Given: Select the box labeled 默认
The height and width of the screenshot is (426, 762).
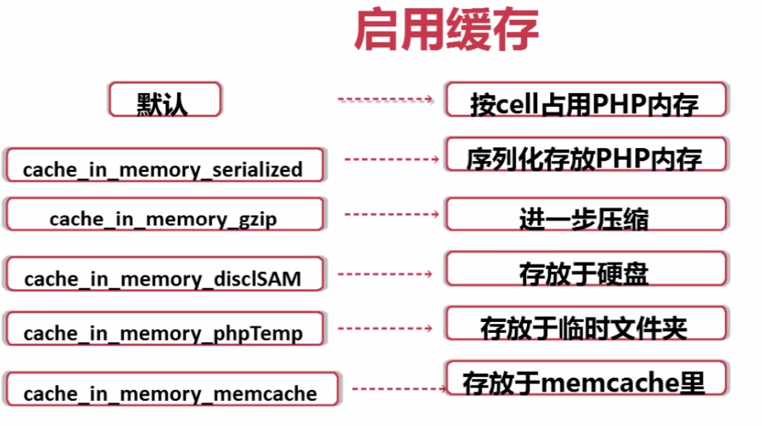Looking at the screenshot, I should tap(165, 100).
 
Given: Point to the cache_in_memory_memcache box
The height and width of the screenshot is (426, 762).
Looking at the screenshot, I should tap(170, 388).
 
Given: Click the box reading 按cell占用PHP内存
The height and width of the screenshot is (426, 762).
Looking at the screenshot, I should tap(585, 100).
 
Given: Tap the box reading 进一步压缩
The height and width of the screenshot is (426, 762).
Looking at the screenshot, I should tap(585, 215).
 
